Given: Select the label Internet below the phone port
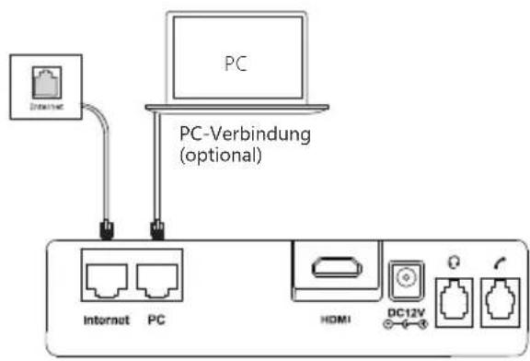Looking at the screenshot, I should (x=101, y=323).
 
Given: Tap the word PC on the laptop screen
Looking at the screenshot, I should (x=237, y=66).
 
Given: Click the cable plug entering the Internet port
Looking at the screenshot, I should (x=106, y=226).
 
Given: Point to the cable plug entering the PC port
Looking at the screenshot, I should (x=156, y=226).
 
